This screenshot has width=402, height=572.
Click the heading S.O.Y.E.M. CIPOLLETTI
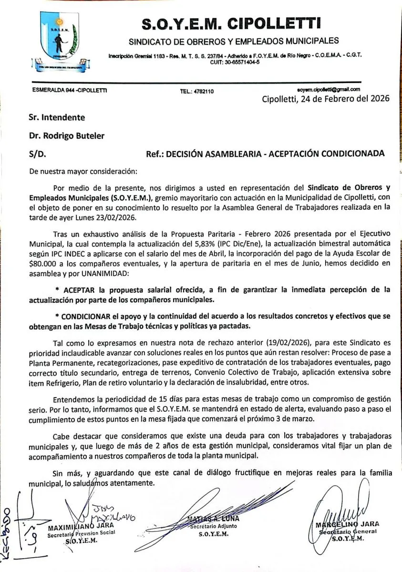(x=231, y=22)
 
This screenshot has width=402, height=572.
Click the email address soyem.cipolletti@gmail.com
(x=328, y=89)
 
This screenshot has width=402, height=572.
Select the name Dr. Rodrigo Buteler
(x=66, y=136)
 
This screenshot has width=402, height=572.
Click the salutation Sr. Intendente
(x=57, y=117)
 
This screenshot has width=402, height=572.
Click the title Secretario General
(x=348, y=531)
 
